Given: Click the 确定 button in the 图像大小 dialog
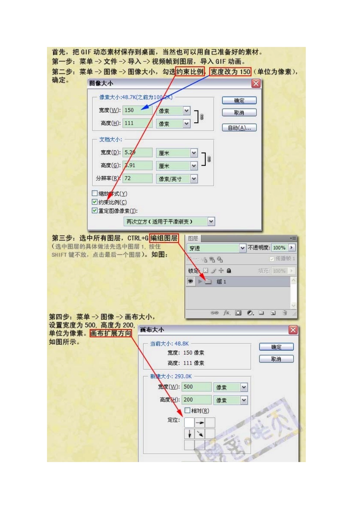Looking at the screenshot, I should [x=239, y=100].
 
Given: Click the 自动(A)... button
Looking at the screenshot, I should [x=239, y=128].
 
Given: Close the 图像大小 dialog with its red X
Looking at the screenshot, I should [x=256, y=83].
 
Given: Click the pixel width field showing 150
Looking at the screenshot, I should [x=137, y=110].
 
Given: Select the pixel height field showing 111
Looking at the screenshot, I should [x=137, y=123].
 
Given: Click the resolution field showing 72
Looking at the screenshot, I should [x=137, y=178].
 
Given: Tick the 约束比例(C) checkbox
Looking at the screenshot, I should [x=95, y=202].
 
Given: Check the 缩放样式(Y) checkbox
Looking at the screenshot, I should [x=95, y=193].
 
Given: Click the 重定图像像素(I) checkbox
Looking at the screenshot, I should [x=95, y=211].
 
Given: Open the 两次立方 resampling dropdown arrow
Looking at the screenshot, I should [x=211, y=221].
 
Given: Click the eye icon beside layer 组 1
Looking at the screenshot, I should [x=190, y=281].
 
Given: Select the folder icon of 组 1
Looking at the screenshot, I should [x=208, y=281].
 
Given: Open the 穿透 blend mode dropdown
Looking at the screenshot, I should [x=243, y=248].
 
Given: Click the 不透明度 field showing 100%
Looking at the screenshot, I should [x=279, y=248].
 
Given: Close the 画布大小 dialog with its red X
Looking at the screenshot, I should [x=293, y=330].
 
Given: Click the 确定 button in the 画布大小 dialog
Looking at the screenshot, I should [x=276, y=347].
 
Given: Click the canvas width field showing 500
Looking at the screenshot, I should [x=197, y=387].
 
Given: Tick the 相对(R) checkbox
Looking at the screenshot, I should [x=187, y=410].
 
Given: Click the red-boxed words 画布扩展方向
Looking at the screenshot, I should [x=111, y=334].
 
